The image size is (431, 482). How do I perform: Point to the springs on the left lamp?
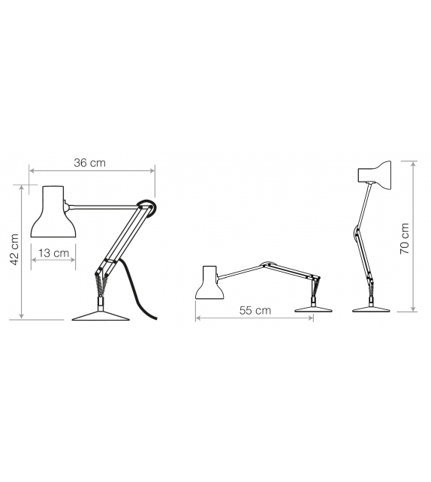[x=100, y=283]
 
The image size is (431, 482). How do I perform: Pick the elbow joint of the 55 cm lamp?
[x=265, y=264]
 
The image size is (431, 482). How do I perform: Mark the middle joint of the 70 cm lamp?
[x=355, y=234]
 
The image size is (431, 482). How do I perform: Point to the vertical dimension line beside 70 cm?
[x=414, y=236]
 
